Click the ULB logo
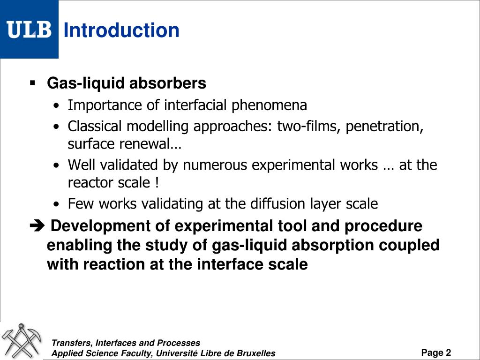tap(29, 30)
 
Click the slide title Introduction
tap(121, 30)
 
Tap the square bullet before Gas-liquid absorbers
tap(32, 83)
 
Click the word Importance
tap(105, 105)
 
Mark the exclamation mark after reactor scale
tap(155, 183)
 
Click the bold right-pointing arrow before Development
tap(35, 226)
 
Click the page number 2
tap(449, 352)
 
